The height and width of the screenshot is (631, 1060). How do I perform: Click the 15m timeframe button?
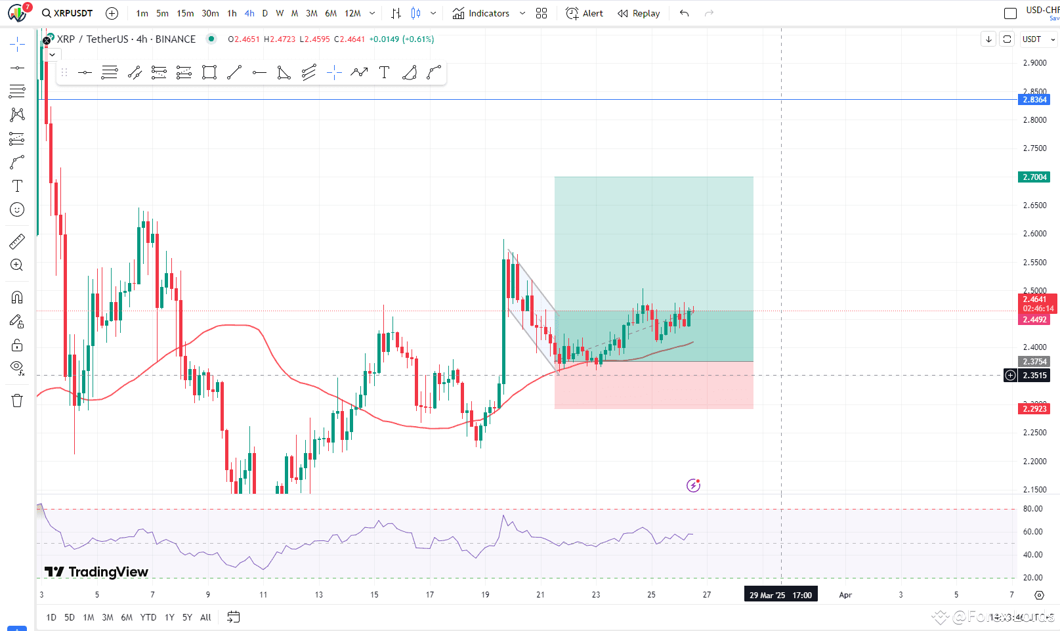(185, 13)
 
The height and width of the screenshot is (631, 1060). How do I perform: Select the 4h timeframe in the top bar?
(249, 13)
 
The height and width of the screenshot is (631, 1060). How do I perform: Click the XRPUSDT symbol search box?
(67, 13)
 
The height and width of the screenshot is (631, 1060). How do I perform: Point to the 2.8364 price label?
(1034, 100)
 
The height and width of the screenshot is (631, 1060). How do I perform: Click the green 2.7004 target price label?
(1034, 177)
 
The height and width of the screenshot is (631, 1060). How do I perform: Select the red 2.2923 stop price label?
(1034, 409)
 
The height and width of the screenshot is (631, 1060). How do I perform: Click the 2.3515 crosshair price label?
(1034, 376)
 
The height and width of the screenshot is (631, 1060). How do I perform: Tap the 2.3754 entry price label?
(1034, 362)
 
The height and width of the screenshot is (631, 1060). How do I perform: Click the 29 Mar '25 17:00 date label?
(780, 595)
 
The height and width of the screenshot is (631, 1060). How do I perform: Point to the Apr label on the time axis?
(845, 595)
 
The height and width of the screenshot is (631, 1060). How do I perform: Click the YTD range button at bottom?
(148, 617)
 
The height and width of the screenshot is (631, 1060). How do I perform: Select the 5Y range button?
(187, 617)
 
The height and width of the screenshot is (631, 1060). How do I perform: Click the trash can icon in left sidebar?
(17, 401)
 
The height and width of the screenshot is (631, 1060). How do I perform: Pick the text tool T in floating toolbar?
(385, 72)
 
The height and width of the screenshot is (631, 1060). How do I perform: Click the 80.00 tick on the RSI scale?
(1032, 509)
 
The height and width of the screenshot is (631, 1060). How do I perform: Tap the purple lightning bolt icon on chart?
(693, 485)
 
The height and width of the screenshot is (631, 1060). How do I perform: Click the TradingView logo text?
(96, 572)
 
